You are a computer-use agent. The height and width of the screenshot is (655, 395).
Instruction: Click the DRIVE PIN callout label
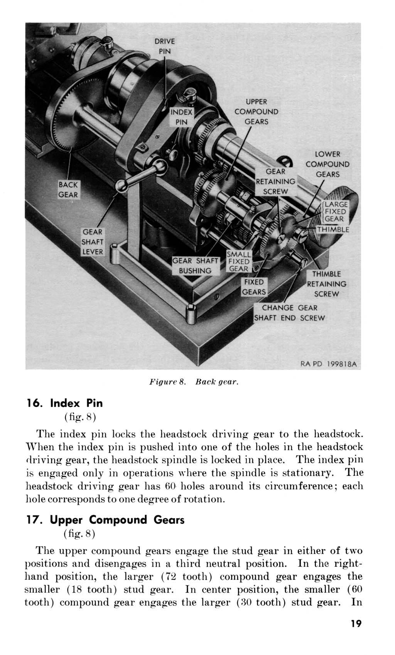[x=165, y=46]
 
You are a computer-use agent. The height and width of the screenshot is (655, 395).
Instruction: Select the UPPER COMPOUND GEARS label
[x=256, y=112]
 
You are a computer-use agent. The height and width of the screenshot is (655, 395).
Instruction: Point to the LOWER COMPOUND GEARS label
[x=327, y=164]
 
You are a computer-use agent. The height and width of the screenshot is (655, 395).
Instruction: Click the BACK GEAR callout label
[x=68, y=190]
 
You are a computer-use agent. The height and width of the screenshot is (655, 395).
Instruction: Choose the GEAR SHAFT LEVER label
[x=92, y=242]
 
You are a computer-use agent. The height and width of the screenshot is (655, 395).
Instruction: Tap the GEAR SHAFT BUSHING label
[x=195, y=266]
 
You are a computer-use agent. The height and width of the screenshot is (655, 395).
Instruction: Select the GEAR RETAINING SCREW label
[x=276, y=181]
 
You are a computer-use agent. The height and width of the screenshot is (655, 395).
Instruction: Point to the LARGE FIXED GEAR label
[x=336, y=212]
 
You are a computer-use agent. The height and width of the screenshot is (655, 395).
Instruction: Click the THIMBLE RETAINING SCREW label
[x=326, y=284]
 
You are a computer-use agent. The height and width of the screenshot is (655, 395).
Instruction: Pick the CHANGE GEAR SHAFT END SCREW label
[x=290, y=313]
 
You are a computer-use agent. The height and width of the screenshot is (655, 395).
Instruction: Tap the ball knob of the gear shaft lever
[x=123, y=187]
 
